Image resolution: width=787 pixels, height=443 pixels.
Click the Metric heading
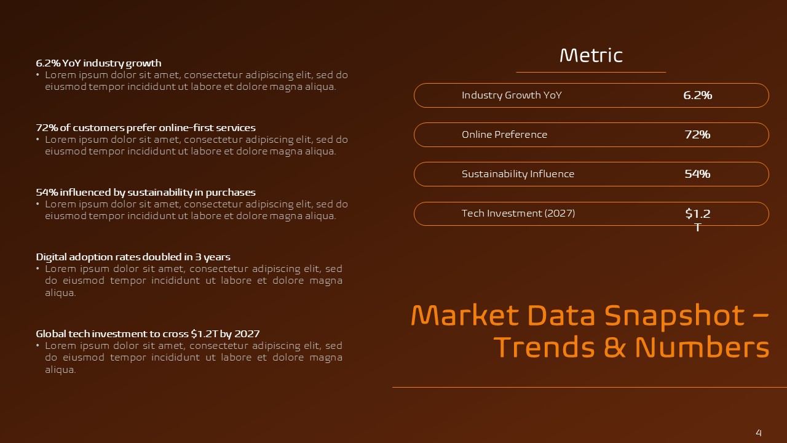591,56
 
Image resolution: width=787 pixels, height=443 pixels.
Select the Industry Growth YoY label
512,95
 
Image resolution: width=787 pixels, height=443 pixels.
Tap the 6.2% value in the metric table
697,95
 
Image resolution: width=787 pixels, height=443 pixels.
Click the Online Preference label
504,135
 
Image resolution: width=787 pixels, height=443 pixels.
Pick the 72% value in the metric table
697,135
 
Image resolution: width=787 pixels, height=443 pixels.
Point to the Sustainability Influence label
518,174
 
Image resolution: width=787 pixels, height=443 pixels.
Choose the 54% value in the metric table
697,174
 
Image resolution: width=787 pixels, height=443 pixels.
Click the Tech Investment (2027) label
518,214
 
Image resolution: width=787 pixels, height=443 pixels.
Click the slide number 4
759,433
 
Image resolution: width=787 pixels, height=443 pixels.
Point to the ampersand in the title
614,348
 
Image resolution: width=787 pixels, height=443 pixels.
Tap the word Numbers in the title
702,348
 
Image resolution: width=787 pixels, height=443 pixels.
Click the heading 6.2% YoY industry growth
98,63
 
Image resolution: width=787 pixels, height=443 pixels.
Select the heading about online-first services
146,128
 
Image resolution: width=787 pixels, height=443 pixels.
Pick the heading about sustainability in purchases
146,193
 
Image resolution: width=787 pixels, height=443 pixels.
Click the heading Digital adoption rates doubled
133,257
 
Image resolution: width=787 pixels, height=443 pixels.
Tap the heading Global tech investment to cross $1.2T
148,334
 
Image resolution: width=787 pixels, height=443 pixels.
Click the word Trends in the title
545,348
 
